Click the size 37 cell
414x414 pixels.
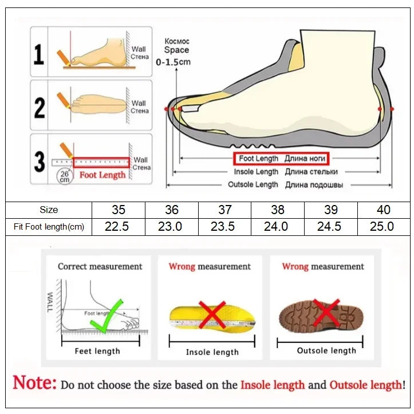224,210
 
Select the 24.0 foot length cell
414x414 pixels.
275,226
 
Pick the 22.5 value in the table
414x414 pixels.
116,226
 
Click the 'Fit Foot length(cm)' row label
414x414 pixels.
49,227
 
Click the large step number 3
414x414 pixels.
39,161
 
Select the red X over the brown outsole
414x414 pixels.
326,313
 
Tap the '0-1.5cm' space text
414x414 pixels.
174,62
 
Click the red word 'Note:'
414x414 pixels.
34,383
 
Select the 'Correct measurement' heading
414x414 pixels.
100,266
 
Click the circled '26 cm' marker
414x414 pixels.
64,176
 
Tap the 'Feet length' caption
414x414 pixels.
97,351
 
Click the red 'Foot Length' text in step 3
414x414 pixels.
102,175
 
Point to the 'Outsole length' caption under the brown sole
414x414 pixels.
326,350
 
